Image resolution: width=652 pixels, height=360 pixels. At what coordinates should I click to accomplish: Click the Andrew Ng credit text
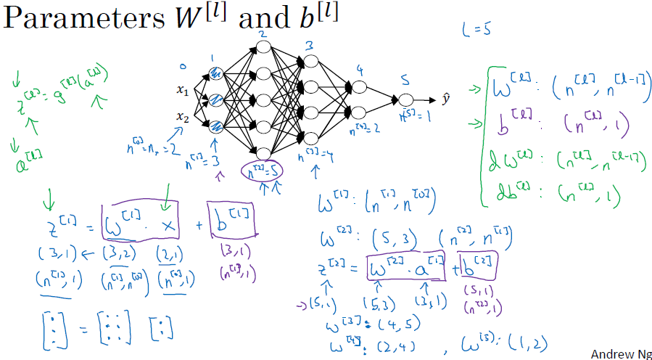point(619,353)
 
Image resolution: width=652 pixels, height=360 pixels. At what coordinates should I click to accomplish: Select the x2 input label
point(182,116)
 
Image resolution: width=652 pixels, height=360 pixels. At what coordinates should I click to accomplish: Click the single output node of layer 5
point(405,100)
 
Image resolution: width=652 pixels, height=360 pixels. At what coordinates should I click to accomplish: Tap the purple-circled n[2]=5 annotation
point(261,171)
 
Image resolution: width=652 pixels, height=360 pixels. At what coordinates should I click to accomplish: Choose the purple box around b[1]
point(231,219)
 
